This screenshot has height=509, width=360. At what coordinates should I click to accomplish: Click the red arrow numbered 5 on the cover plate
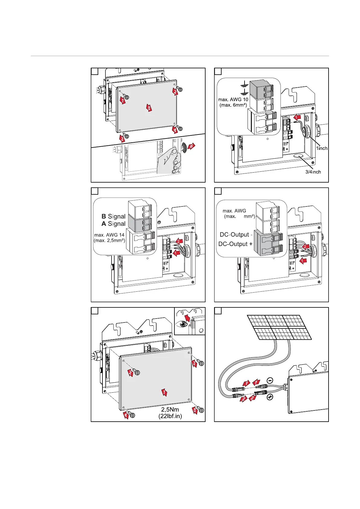(x=149, y=108)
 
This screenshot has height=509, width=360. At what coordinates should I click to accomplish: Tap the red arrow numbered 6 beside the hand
(x=191, y=147)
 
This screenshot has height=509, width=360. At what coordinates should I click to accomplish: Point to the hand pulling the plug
(x=170, y=160)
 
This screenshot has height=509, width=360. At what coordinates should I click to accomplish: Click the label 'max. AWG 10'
(x=233, y=99)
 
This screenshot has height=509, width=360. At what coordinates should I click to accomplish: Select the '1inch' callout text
(x=322, y=148)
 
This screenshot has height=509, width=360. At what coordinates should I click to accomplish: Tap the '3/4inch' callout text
(x=313, y=172)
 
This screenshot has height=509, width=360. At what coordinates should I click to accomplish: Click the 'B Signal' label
(x=113, y=216)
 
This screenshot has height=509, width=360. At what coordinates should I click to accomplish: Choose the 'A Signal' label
(x=113, y=224)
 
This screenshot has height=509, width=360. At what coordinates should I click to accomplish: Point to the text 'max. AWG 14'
(x=109, y=235)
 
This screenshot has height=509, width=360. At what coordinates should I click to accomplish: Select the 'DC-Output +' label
(x=235, y=244)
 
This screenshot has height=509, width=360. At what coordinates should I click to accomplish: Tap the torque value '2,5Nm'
(x=170, y=410)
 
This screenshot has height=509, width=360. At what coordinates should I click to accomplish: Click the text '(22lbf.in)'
(x=170, y=416)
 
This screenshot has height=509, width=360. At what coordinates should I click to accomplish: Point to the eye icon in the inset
(x=183, y=324)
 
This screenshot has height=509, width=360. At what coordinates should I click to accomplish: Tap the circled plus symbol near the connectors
(x=270, y=397)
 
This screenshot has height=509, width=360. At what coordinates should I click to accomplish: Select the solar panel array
(x=279, y=327)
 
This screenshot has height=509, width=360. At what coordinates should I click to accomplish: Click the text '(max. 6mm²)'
(x=233, y=105)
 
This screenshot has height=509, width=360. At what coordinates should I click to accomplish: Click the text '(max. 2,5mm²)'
(x=109, y=241)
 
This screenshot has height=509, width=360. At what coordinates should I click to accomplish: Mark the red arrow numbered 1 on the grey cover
(x=164, y=392)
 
